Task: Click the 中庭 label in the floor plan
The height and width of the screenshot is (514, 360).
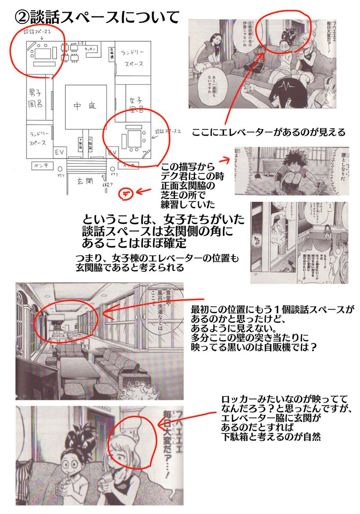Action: point(86,106)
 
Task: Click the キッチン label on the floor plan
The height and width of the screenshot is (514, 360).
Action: point(90,49)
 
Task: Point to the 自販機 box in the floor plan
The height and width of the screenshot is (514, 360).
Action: point(111,54)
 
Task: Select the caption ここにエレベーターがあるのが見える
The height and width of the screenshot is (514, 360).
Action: point(268,132)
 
